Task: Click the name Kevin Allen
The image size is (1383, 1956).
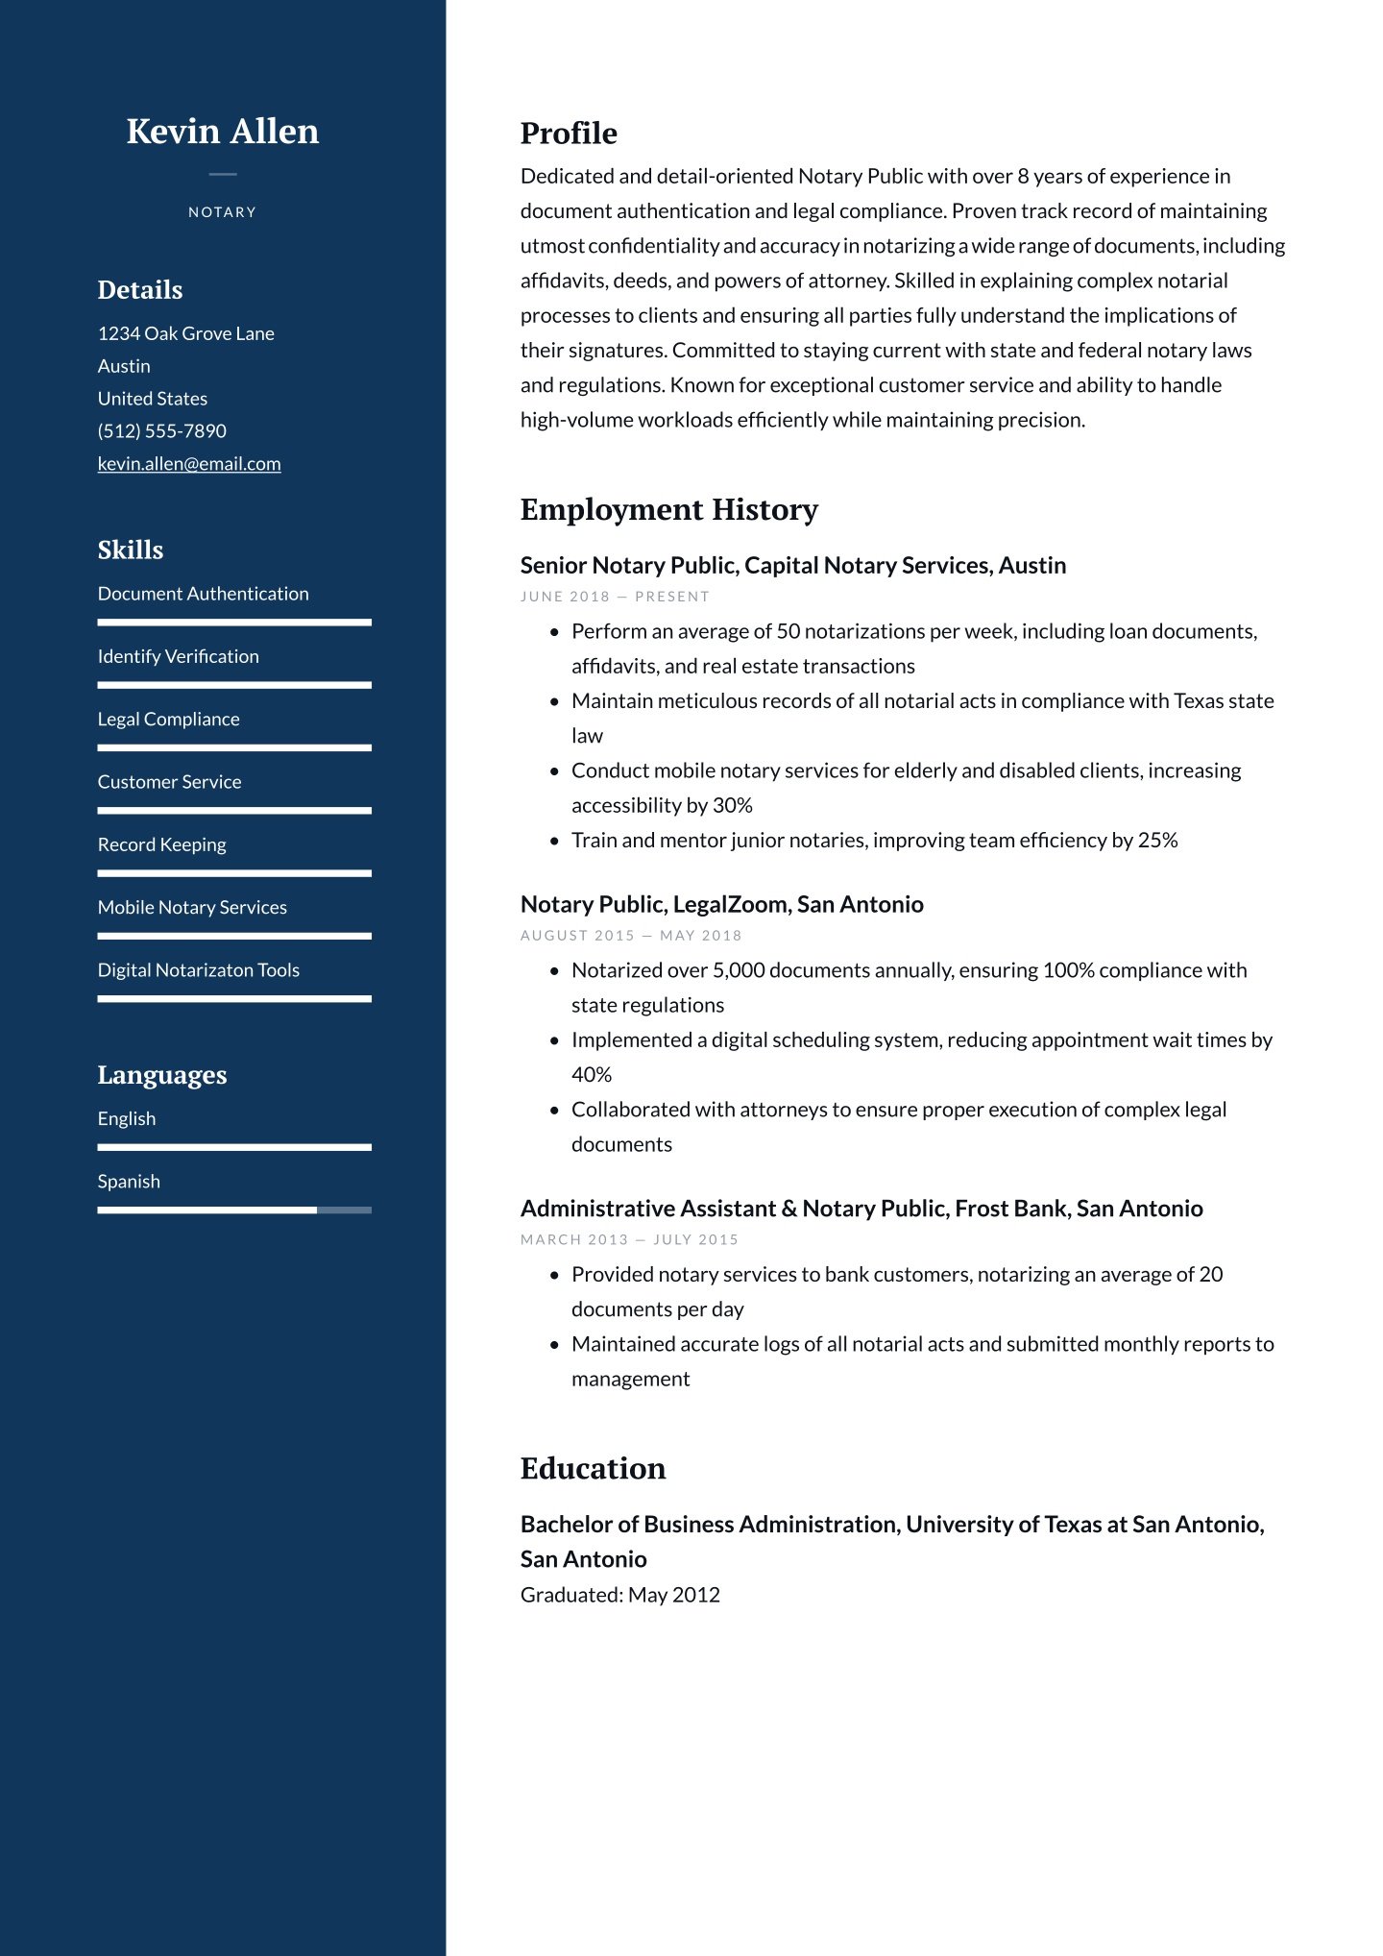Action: (x=223, y=132)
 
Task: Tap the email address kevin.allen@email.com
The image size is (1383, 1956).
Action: (x=189, y=464)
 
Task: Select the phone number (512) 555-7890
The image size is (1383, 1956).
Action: (x=161, y=431)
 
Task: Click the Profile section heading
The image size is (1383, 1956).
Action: (x=569, y=134)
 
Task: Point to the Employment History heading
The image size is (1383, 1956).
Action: (x=668, y=509)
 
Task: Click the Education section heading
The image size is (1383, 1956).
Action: (x=593, y=1468)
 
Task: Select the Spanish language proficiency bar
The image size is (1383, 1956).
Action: (x=233, y=1210)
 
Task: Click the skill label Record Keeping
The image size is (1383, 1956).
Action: (x=161, y=844)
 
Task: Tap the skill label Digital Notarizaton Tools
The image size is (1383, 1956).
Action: (x=198, y=970)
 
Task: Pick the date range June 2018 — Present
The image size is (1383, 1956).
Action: (x=615, y=597)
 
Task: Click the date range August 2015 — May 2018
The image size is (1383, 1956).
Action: (x=631, y=936)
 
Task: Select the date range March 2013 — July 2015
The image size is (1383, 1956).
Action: (x=629, y=1240)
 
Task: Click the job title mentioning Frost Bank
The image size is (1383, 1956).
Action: (x=861, y=1209)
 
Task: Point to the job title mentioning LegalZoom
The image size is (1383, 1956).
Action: (x=721, y=904)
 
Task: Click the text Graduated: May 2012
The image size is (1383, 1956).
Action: (x=619, y=1595)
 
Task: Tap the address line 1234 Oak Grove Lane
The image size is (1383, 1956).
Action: (x=185, y=333)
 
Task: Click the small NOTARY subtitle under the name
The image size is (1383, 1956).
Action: (x=222, y=212)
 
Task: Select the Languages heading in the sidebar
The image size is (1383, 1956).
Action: (x=162, y=1075)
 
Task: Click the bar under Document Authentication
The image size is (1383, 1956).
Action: (x=233, y=623)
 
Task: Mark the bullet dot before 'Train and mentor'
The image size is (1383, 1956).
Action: (x=554, y=841)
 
